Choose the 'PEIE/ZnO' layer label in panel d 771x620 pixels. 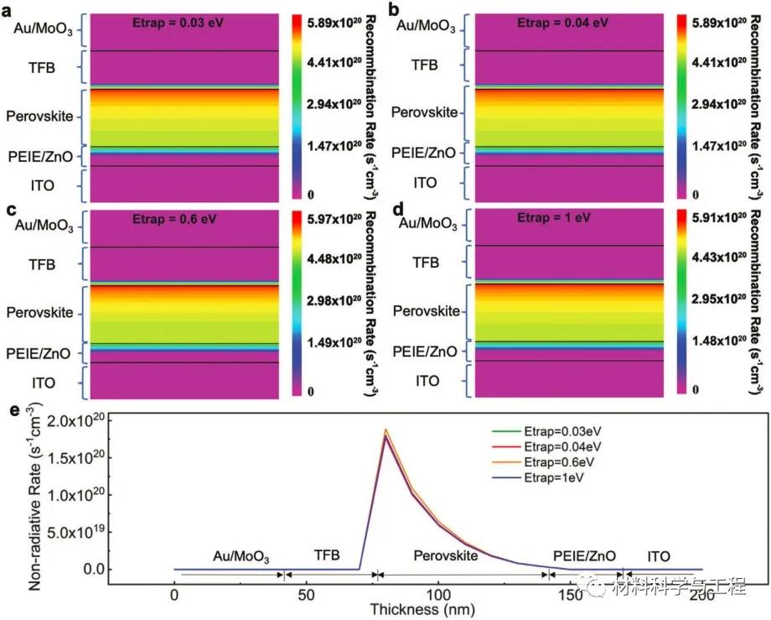[427, 352]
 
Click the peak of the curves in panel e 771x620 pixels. [385, 430]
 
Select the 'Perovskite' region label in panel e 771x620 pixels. [447, 555]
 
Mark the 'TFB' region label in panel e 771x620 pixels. [328, 555]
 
